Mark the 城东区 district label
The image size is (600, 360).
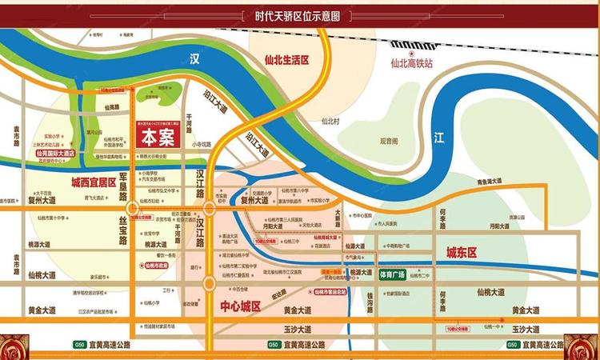click(461, 253)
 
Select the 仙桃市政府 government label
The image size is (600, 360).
click(153, 265)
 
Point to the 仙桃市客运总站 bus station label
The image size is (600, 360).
click(334, 293)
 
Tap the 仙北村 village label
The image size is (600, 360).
click(330, 122)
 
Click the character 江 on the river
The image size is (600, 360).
click(438, 138)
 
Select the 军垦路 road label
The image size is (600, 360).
click(124, 189)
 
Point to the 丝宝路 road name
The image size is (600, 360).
click(124, 232)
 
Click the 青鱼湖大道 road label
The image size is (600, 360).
click(490, 182)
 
